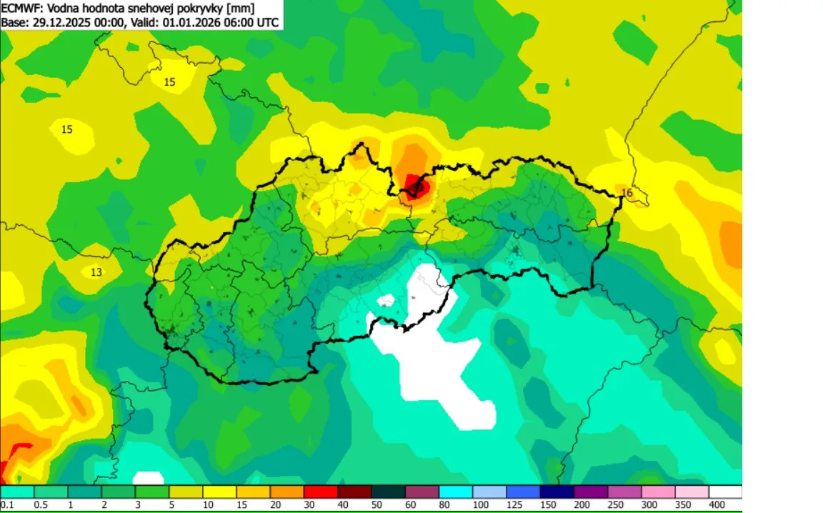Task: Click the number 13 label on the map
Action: click(96, 272)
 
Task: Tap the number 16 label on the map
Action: click(627, 193)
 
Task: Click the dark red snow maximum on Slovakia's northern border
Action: click(415, 187)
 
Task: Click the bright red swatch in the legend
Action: click(321, 492)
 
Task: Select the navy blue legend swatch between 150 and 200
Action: click(557, 492)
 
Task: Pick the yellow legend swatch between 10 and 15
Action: click(219, 492)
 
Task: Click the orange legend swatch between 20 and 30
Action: click(287, 492)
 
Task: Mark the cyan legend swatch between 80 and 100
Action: click(456, 492)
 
